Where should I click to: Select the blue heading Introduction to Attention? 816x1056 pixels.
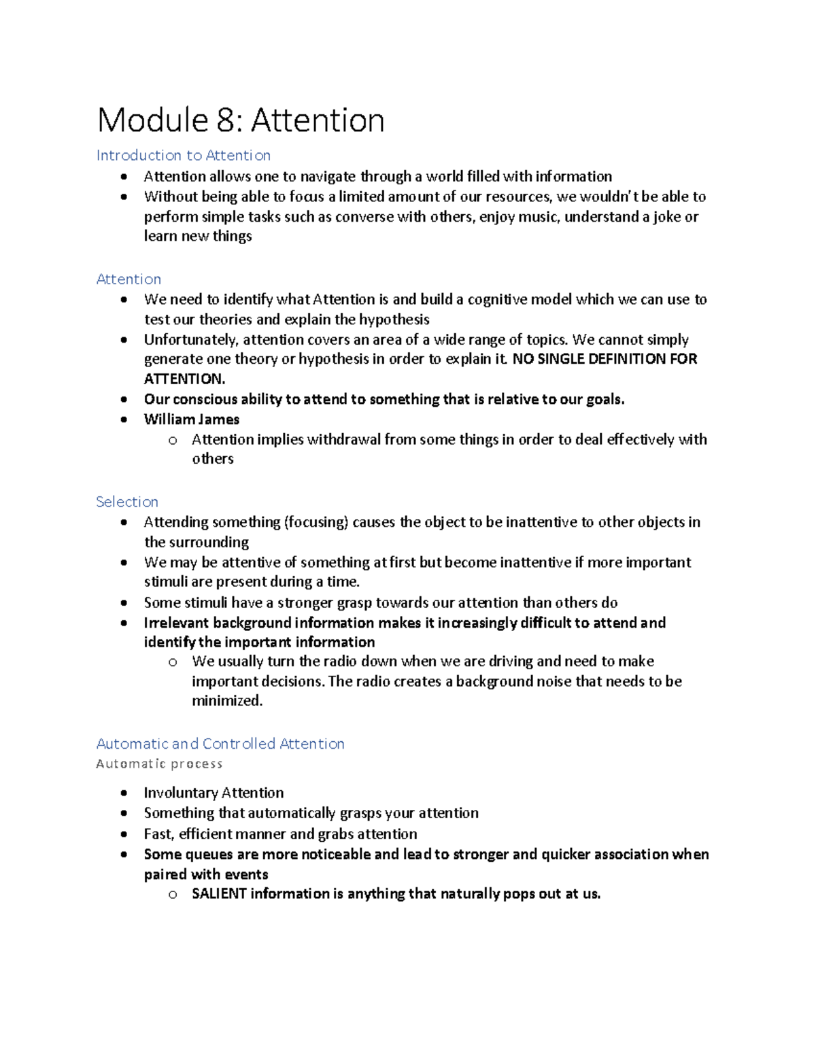click(x=183, y=156)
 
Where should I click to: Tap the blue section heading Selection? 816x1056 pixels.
click(x=127, y=502)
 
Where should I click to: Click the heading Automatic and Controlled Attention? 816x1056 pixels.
click(x=220, y=744)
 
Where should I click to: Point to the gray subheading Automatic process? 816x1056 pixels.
click(x=159, y=764)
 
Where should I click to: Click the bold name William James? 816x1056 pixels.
click(x=192, y=420)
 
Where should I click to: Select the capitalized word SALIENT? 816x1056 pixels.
click(x=218, y=894)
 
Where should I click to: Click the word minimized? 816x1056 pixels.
click(x=226, y=701)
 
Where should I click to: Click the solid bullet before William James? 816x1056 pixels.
click(x=123, y=420)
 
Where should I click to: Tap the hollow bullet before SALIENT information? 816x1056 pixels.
click(x=173, y=895)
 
